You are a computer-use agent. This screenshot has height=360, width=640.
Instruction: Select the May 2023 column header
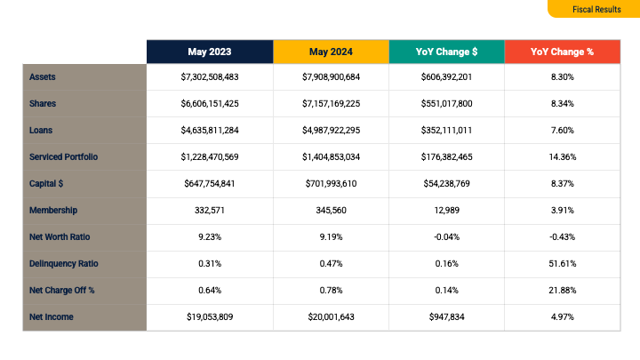[x=210, y=52]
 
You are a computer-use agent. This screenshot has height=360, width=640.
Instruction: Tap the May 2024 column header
[x=331, y=52]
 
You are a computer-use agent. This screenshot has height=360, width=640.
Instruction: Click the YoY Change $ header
[x=446, y=52]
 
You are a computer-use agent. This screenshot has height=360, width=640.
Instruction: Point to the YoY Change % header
[x=562, y=52]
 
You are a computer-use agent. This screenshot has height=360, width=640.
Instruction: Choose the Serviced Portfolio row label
[x=63, y=157]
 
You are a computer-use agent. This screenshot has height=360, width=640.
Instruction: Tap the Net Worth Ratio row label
[x=60, y=236]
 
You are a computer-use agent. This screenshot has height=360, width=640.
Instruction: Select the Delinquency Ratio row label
[x=63, y=263]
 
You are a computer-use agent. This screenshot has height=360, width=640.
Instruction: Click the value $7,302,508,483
[x=210, y=77]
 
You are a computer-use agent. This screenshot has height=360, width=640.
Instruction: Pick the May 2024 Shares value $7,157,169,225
[x=331, y=104]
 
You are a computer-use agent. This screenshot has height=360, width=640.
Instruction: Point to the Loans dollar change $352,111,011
[x=446, y=131]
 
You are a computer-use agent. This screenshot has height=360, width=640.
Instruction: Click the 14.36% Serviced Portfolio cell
[x=562, y=157]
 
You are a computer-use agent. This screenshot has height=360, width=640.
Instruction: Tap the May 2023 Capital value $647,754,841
[x=210, y=184]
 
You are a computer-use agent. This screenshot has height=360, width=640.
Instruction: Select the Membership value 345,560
[x=331, y=210]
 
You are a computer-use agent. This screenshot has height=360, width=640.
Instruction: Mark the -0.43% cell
[x=562, y=236]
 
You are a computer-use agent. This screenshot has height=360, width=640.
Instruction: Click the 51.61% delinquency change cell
[x=562, y=263]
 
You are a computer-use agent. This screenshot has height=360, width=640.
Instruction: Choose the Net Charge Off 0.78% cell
[x=331, y=290]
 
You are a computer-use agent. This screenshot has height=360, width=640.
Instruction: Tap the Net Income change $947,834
[x=446, y=316]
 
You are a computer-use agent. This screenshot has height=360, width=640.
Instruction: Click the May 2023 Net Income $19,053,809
[x=210, y=316]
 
